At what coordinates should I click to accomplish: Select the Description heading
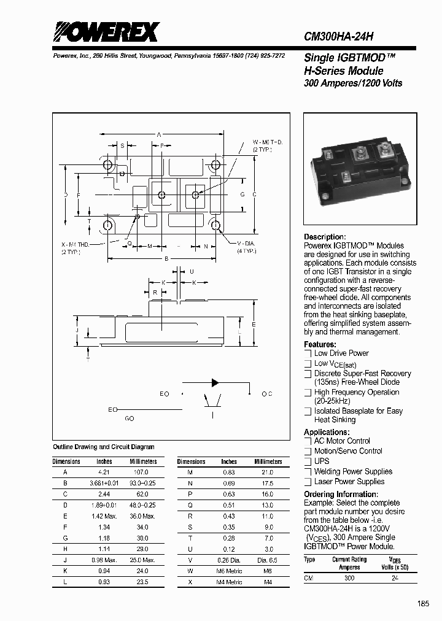pyautogui.click(x=325, y=237)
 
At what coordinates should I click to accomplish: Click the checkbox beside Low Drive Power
pyautogui.click(x=308, y=353)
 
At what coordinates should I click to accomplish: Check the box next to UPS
pyautogui.click(x=308, y=461)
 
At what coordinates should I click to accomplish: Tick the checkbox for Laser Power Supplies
pyautogui.click(x=308, y=482)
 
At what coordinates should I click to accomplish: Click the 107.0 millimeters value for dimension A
pyautogui.click(x=141, y=472)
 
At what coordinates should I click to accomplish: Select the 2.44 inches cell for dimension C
pyautogui.click(x=104, y=494)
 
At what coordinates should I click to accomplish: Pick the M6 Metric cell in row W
pyautogui.click(x=230, y=571)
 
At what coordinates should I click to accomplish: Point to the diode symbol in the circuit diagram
pyautogui.click(x=215, y=382)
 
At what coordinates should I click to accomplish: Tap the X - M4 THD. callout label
pyautogui.click(x=75, y=244)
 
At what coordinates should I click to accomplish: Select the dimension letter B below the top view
pyautogui.click(x=166, y=259)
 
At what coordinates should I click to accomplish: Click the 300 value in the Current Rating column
pyautogui.click(x=349, y=579)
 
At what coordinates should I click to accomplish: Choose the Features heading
pyautogui.click(x=320, y=344)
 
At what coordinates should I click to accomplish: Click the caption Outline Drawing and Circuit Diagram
pyautogui.click(x=103, y=447)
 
